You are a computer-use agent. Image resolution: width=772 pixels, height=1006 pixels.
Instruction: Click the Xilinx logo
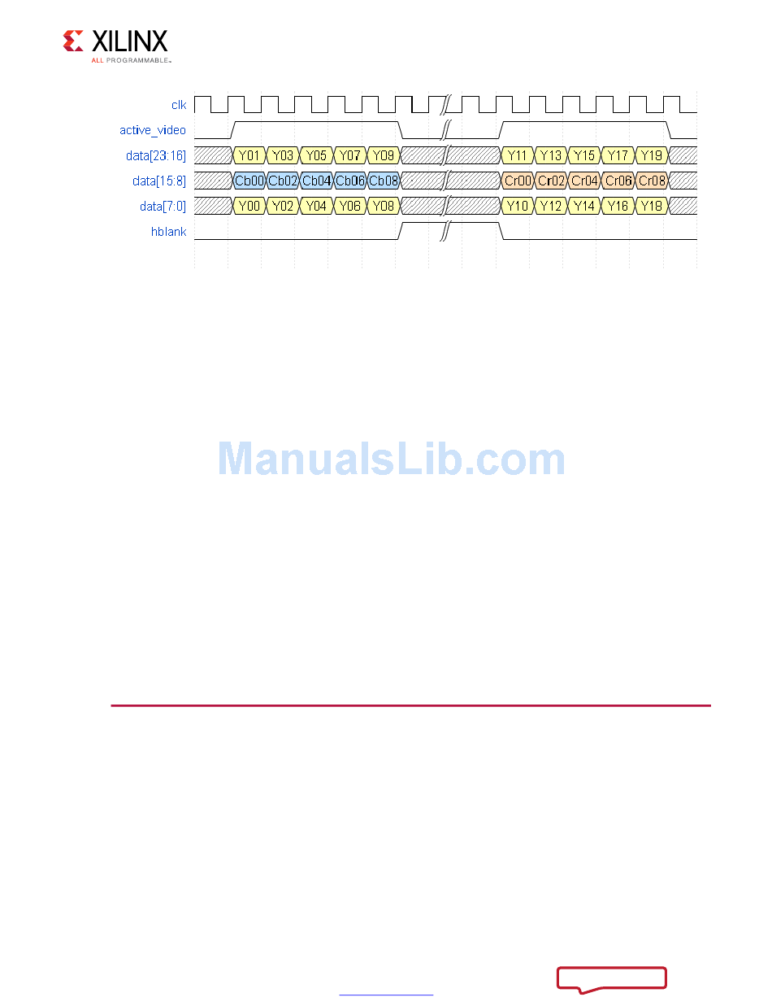tap(115, 46)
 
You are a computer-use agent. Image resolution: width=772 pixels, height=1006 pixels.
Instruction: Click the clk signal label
tap(179, 105)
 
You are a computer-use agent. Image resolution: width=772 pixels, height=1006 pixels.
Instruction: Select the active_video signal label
tap(153, 130)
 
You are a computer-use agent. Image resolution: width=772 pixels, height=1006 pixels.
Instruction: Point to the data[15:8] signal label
tap(159, 181)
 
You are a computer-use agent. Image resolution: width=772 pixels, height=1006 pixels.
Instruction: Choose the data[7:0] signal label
tap(163, 206)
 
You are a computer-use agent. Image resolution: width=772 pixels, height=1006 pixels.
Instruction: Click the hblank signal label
tap(169, 232)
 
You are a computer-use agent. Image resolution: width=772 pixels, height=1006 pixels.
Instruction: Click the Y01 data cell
tap(249, 155)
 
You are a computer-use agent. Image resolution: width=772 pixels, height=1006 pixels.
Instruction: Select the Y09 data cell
tap(383, 155)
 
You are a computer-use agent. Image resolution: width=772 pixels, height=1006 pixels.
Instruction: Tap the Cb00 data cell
tap(249, 181)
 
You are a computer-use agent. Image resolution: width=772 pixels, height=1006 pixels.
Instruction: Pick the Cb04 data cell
tap(316, 181)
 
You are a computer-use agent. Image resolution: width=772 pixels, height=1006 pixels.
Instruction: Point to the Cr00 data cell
tap(517, 181)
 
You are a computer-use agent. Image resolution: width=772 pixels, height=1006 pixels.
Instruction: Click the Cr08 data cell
tap(651, 181)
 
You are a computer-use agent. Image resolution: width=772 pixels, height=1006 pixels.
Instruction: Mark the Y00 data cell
tap(249, 206)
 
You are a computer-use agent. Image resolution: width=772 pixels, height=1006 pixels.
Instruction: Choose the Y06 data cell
tap(349, 206)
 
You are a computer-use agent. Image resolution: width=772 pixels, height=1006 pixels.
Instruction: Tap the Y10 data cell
tap(517, 206)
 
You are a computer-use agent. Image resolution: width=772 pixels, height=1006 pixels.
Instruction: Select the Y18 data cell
tap(651, 206)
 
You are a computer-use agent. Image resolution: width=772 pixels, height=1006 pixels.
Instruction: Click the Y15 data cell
tap(584, 155)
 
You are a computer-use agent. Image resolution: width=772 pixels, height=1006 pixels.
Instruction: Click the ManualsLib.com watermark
tap(392, 459)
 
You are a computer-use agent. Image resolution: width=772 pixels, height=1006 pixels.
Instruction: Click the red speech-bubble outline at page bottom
tap(612, 978)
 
